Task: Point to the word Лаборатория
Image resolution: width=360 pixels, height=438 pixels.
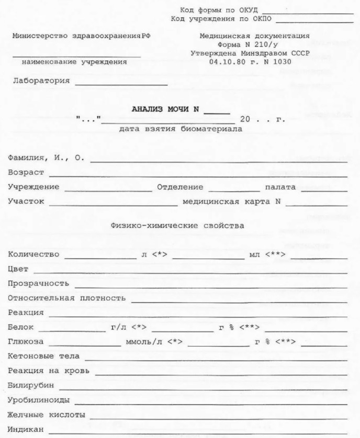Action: coord(41,81)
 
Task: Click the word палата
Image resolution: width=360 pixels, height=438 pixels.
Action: coord(280,186)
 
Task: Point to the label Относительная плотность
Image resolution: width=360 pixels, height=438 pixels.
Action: coord(66,298)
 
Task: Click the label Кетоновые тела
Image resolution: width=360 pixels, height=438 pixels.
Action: coord(43,356)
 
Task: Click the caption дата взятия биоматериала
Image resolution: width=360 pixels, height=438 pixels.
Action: coord(181,129)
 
